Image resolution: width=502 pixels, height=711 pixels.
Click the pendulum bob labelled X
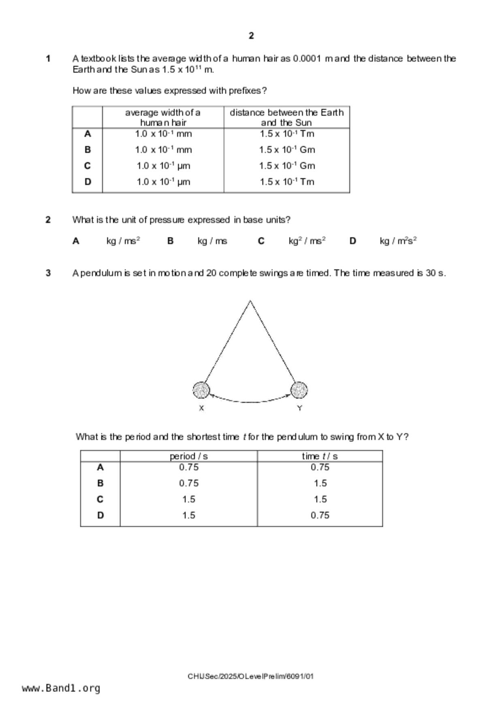201,390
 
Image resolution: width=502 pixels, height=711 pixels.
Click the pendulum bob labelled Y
299,390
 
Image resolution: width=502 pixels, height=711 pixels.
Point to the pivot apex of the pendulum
250,301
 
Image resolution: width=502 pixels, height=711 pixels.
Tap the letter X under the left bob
201,408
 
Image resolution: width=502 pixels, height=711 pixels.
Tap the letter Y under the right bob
299,408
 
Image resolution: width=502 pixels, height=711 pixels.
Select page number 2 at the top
251,36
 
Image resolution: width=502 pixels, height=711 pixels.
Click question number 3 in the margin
48,273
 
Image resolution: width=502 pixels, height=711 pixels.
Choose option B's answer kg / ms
212,241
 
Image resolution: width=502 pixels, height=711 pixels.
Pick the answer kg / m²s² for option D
398,241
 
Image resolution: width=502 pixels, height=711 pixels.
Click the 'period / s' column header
188,456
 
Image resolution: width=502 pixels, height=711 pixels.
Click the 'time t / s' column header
320,456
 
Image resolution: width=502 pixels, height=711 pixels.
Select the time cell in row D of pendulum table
320,515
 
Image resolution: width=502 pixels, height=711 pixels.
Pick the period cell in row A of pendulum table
189,467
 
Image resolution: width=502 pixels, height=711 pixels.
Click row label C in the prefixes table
88,166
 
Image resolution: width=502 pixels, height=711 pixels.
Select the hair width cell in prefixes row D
163,182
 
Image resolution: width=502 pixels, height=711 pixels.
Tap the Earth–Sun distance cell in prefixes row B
287,150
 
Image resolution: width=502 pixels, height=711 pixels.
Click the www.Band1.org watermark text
61,688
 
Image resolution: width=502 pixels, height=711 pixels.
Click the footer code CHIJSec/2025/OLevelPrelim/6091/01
250,676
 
